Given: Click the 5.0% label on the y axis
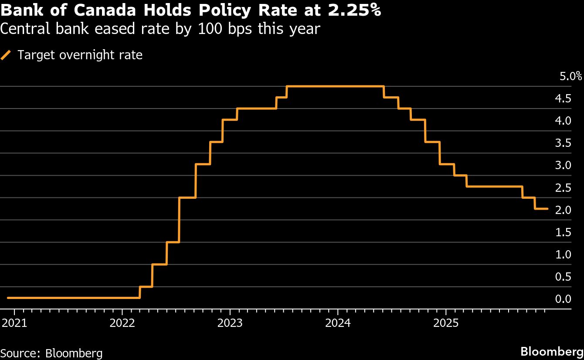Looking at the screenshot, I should (570, 77).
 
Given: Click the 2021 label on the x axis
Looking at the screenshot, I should (14, 323).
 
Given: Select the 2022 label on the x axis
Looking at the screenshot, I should (122, 323).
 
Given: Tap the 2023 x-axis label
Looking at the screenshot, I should (230, 323).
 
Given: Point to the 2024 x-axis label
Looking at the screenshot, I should (338, 323).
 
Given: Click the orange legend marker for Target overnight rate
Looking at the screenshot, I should (6, 55).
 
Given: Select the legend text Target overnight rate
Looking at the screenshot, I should (80, 55).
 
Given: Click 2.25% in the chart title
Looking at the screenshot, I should (354, 11).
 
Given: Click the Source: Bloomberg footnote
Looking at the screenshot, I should (51, 353).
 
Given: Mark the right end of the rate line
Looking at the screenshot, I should (547, 209).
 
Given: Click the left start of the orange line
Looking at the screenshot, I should (8, 298).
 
